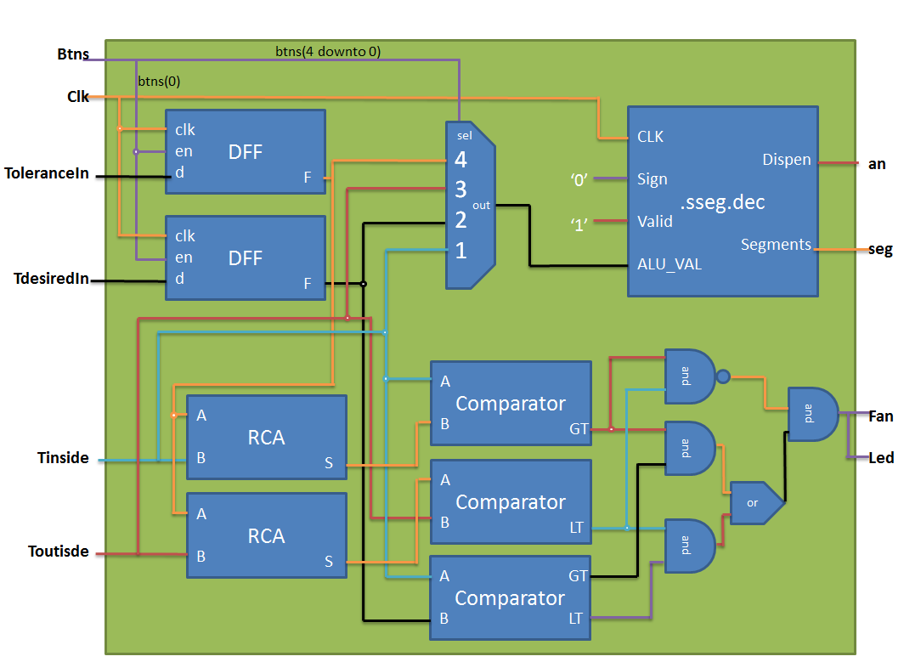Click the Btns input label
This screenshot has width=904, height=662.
[x=72, y=55]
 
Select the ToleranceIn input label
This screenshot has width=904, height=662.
[x=48, y=173]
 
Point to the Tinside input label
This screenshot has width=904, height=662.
[x=63, y=458]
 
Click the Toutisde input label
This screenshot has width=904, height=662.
[x=58, y=552]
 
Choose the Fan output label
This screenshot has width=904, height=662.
[x=880, y=416]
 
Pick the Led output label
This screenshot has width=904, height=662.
[x=881, y=458]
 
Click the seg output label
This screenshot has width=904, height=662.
[x=880, y=250]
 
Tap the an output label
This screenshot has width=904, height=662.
[x=877, y=164]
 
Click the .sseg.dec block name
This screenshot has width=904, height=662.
[x=722, y=202]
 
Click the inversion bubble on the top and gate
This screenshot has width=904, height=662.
[x=723, y=376]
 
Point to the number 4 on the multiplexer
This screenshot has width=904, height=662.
[x=460, y=159]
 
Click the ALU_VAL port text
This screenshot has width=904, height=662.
[x=670, y=263]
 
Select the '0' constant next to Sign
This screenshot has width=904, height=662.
[x=581, y=179]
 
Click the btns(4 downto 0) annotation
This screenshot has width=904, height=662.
[x=327, y=52]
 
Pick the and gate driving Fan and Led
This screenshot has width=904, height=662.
[x=811, y=414]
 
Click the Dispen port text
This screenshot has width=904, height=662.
[x=786, y=160]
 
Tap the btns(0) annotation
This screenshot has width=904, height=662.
[x=159, y=82]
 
